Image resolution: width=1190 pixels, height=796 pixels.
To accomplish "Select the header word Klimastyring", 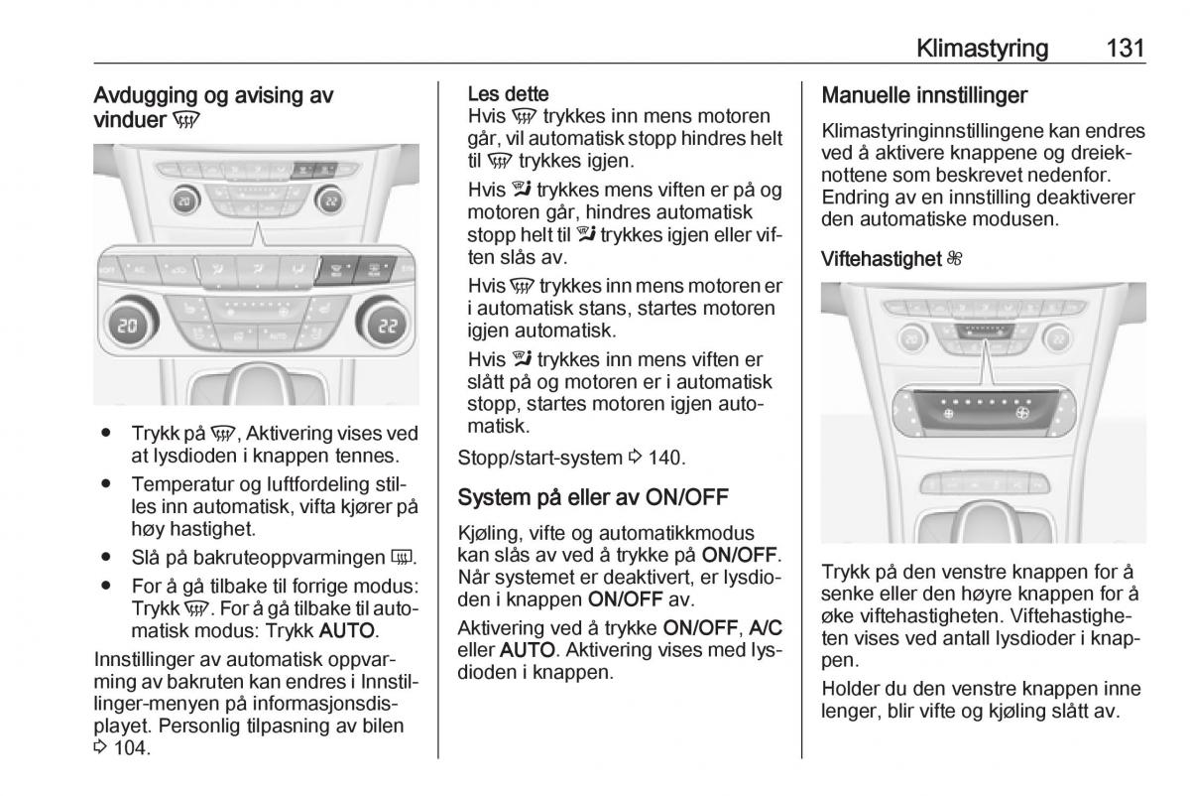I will coord(983,47).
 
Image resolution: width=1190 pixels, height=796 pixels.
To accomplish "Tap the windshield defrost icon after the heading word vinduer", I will coord(185,121).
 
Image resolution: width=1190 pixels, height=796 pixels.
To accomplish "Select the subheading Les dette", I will coord(508,94).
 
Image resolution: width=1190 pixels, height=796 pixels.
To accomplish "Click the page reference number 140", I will coord(665,458).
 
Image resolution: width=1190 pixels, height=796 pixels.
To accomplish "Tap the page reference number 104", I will coord(128,748).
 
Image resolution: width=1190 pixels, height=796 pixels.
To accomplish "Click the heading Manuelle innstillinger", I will coord(924,95).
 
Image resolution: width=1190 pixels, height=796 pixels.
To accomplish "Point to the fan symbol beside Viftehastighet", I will coord(954,259).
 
